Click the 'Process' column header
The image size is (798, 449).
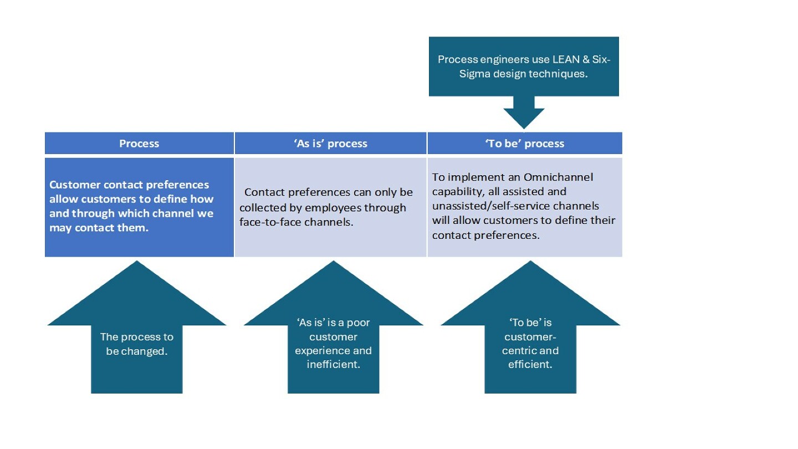coord(139,143)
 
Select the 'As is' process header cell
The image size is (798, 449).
coord(331,143)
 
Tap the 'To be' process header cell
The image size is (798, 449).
coord(525,143)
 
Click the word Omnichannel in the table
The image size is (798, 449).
coord(558,177)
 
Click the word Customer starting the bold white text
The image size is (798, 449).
coord(75,185)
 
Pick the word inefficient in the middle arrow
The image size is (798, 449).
coord(334,365)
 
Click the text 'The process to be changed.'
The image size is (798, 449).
coord(137,344)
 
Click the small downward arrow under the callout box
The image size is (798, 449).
coord(524,112)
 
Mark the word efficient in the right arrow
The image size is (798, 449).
coord(530,365)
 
